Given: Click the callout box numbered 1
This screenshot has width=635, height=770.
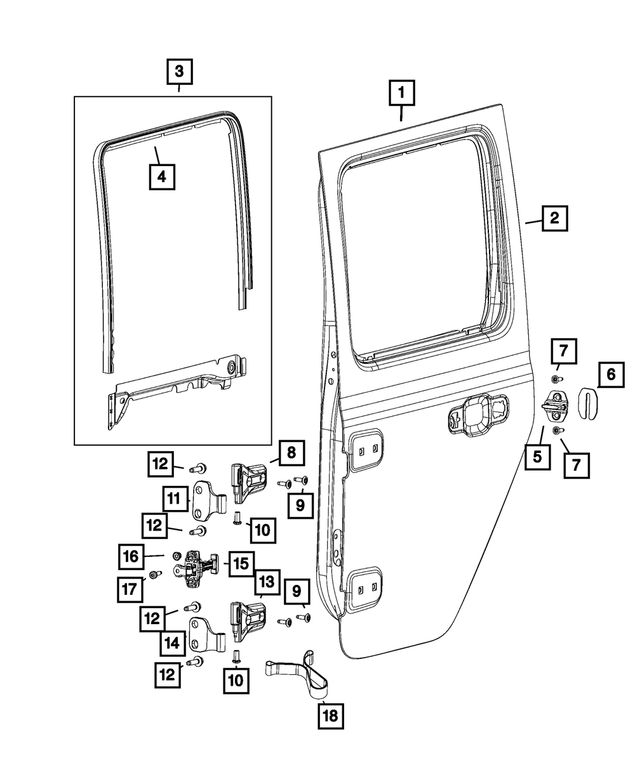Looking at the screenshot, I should (402, 93).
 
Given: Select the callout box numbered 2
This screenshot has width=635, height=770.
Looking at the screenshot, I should (554, 219).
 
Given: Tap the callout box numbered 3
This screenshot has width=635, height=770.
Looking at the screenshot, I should (180, 71).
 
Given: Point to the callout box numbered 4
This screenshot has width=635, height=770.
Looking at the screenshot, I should (161, 177).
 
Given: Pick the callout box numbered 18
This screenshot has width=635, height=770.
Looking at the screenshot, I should (330, 717).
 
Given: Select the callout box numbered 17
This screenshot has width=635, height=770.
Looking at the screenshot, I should (131, 589).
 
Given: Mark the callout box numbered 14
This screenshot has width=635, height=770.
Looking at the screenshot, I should (173, 642).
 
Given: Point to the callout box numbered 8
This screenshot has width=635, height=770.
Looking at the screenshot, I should (291, 452).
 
